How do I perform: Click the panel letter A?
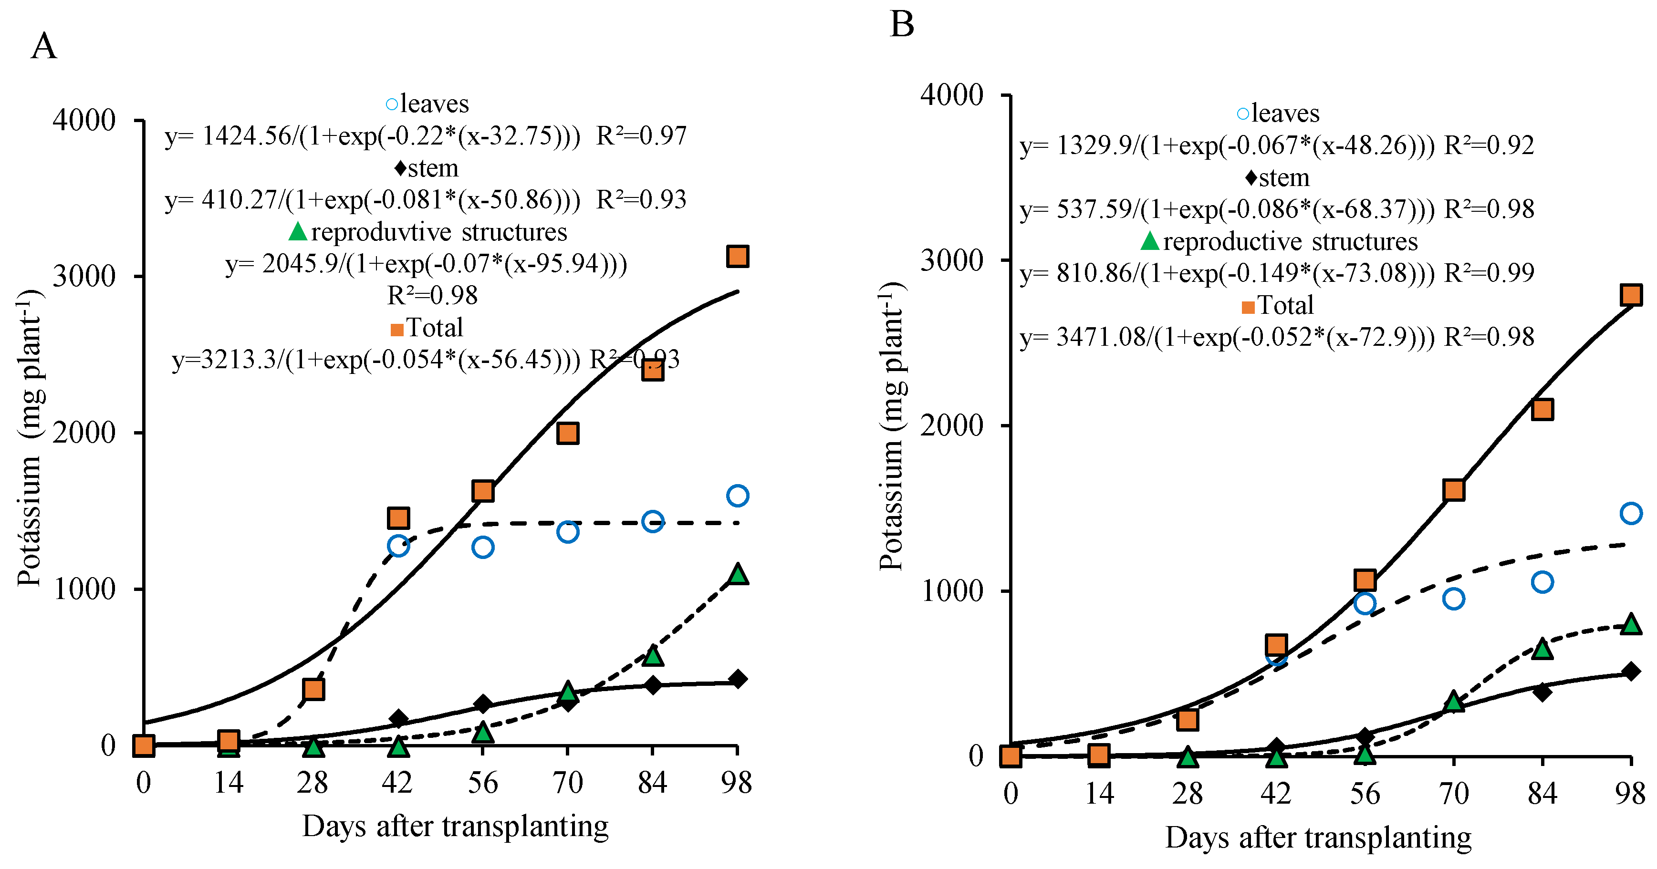[x=44, y=47]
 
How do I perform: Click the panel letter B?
[x=901, y=24]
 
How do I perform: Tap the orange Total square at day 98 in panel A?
[x=737, y=256]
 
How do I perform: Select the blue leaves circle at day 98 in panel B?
[x=1631, y=513]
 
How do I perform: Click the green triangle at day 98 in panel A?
[x=738, y=574]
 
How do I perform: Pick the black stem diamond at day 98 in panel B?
[x=1631, y=672]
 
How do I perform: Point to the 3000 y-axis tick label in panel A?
[x=83, y=277]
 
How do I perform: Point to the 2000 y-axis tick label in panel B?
[x=952, y=425]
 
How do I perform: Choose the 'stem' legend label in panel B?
[x=1284, y=177]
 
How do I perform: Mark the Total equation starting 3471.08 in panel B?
[x=1277, y=337]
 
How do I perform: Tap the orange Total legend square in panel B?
[x=1248, y=307]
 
